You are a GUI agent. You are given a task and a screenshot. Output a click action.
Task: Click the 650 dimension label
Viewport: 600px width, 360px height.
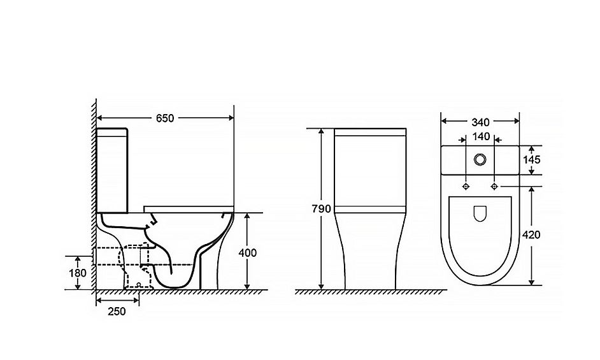pyautogui.click(x=165, y=118)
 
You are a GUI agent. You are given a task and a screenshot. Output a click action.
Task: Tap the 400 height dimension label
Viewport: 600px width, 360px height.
pyautogui.click(x=247, y=252)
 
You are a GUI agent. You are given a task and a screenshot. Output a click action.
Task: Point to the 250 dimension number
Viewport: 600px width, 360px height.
pyautogui.click(x=117, y=311)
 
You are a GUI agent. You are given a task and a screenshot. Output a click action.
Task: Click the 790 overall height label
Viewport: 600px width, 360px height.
pyautogui.click(x=322, y=209)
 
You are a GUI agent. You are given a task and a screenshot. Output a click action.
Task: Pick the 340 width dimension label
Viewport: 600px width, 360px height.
pyautogui.click(x=480, y=121)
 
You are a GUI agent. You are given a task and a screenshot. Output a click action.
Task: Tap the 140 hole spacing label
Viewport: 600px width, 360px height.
pyautogui.click(x=481, y=137)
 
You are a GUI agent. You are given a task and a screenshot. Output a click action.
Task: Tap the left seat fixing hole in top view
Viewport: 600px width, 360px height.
pyautogui.click(x=466, y=185)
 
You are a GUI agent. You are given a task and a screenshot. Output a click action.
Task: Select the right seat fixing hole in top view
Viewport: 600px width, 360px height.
pyautogui.click(x=495, y=185)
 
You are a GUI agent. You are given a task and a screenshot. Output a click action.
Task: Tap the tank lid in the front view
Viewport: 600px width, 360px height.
pyautogui.click(x=370, y=133)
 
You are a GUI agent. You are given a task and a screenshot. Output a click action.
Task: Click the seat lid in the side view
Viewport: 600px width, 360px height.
pyautogui.click(x=189, y=208)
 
